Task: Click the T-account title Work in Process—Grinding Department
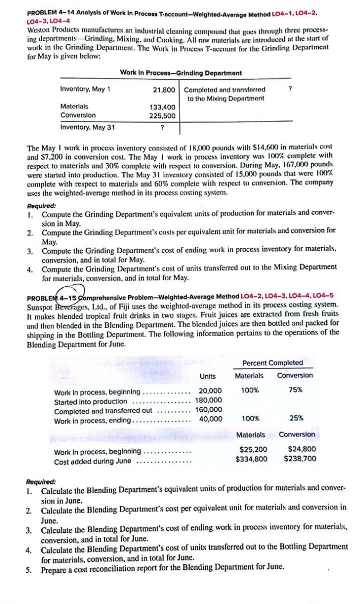[x=181, y=73]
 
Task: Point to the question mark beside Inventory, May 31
[x=162, y=127]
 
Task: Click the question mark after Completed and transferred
[x=289, y=89]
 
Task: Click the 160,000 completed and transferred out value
[x=208, y=410]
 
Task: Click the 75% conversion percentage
[x=295, y=390]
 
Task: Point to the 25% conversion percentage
[x=295, y=419]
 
